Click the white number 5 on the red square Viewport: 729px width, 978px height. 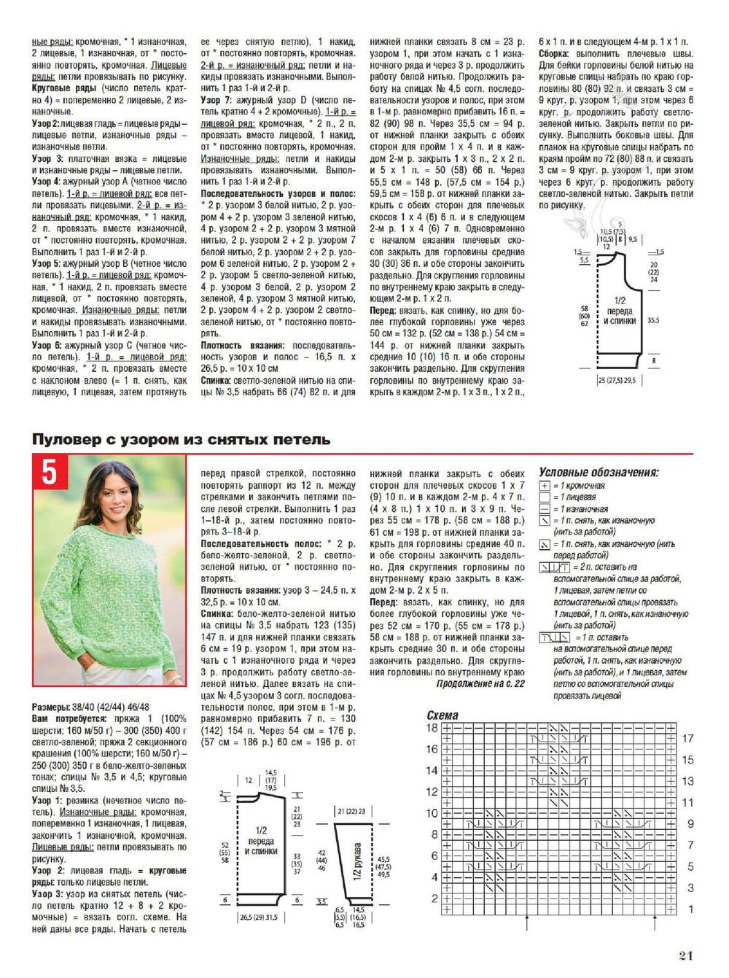click(48, 473)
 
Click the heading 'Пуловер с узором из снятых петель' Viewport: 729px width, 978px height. click(181, 440)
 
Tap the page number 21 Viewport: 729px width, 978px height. click(685, 956)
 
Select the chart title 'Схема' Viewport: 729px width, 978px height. click(443, 715)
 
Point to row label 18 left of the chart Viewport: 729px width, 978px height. click(432, 728)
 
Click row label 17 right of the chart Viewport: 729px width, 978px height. click(687, 739)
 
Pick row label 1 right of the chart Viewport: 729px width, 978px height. click(690, 909)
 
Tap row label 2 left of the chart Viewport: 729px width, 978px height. click(434, 899)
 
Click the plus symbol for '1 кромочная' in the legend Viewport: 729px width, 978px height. click(545, 486)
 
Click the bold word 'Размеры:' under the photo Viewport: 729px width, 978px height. click(51, 707)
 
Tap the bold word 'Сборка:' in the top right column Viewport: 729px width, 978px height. click(557, 54)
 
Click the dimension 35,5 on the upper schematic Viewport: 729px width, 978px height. click(652, 319)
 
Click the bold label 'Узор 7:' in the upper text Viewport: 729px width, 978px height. click(216, 101)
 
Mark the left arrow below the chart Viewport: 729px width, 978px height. click(526, 924)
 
